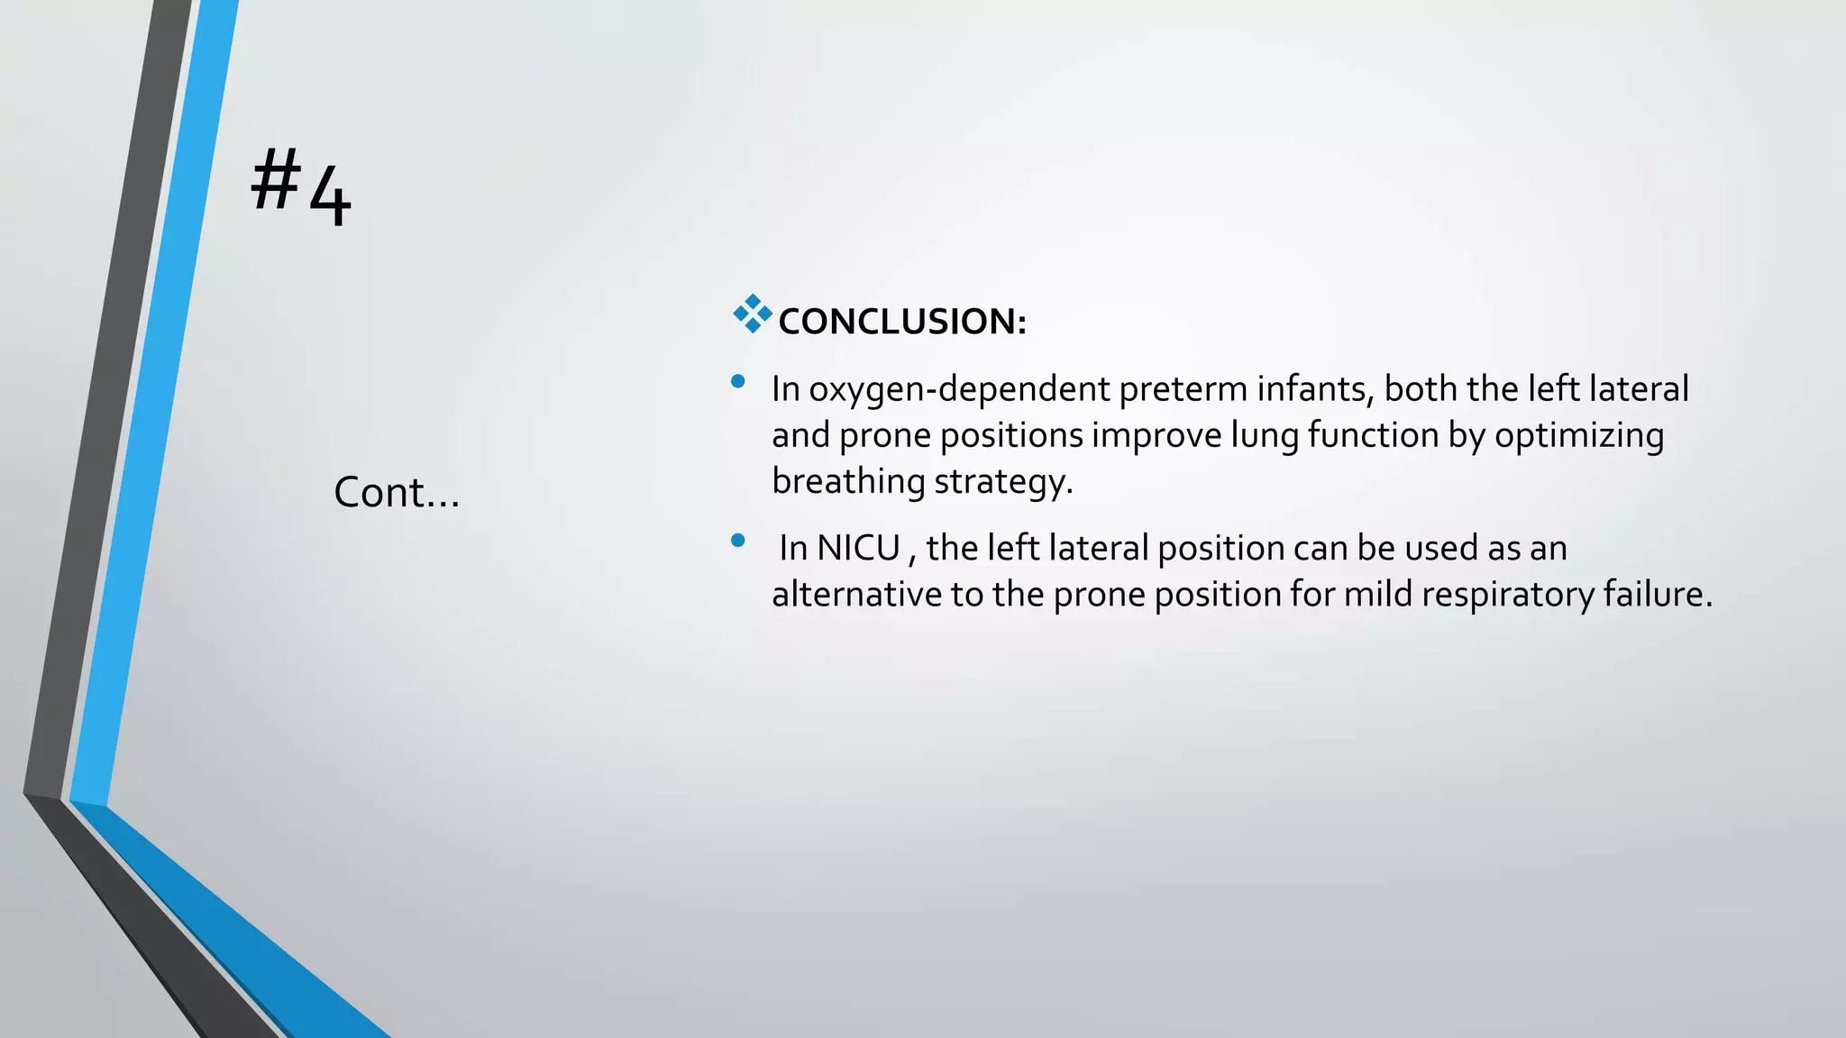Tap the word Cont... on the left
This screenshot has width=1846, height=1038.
coord(397,493)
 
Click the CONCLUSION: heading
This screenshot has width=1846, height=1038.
coord(901,322)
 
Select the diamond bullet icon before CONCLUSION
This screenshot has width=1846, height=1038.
coord(752,314)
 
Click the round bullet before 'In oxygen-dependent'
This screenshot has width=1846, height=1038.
coord(738,381)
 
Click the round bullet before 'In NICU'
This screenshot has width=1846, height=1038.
coord(738,541)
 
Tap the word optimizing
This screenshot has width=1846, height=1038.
coord(1578,436)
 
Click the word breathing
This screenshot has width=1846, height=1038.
coord(847,482)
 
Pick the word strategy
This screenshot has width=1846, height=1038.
coord(1002,482)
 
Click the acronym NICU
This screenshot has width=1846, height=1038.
coord(857,549)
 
